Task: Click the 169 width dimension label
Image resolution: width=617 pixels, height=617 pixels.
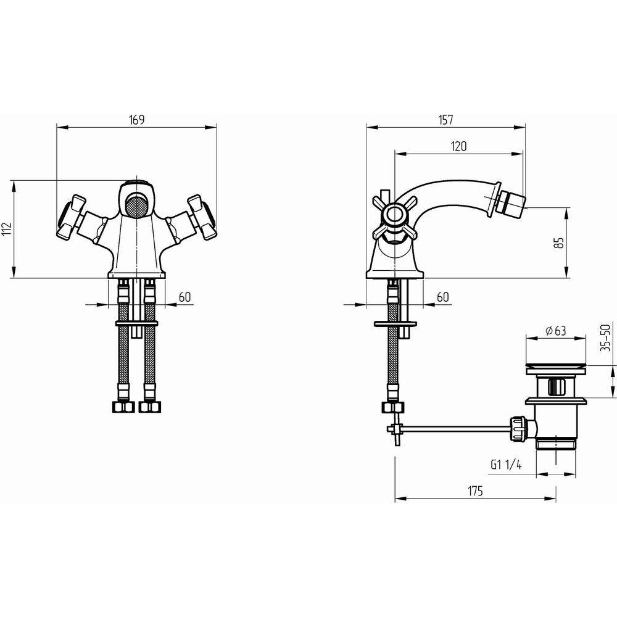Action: (137, 120)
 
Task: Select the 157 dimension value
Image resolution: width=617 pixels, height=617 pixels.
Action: (445, 120)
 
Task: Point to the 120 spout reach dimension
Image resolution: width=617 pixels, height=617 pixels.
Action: (459, 146)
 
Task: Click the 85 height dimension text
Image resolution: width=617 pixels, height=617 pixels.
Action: (559, 242)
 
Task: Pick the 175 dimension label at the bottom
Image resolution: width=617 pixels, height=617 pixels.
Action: (475, 491)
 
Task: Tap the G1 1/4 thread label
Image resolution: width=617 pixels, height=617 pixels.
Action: (506, 465)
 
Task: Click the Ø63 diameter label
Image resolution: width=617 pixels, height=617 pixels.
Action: (556, 331)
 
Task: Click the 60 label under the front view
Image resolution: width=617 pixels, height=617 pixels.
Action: (184, 297)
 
